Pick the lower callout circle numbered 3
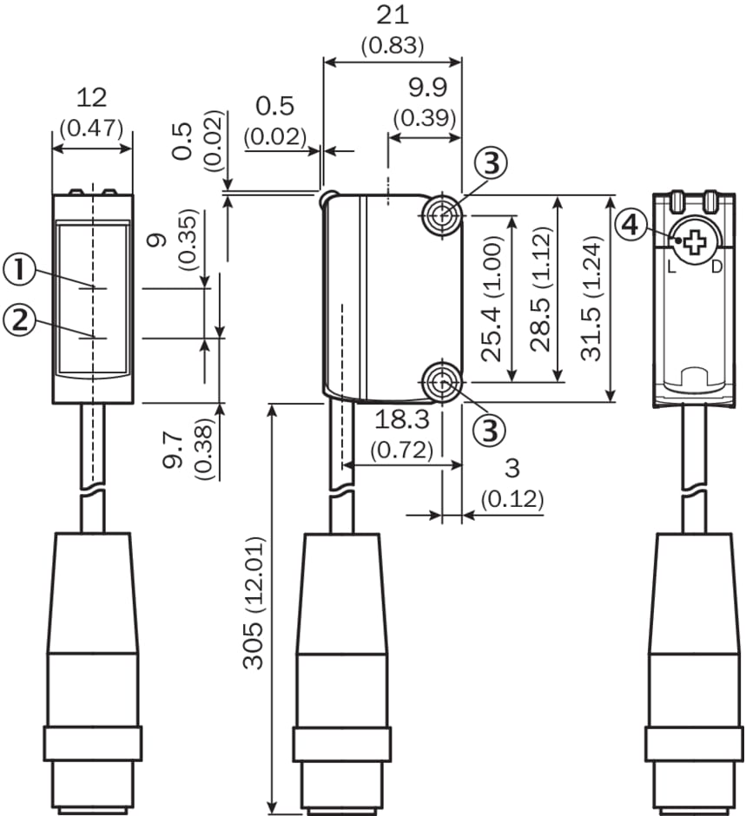point(491,428)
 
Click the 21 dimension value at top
point(391,16)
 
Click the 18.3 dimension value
point(403,421)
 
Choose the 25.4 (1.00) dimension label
point(492,298)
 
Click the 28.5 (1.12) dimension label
point(543,298)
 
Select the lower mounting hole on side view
point(440,380)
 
